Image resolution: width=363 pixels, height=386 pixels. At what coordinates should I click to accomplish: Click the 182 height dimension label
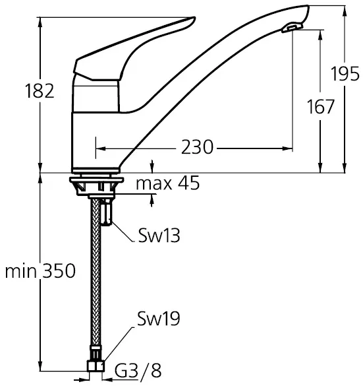click(x=40, y=91)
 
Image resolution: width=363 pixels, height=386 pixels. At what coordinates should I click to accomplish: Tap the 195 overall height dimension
click(x=345, y=73)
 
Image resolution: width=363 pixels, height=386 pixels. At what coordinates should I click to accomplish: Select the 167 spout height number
click(x=320, y=107)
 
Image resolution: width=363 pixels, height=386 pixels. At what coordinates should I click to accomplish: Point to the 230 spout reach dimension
click(x=197, y=147)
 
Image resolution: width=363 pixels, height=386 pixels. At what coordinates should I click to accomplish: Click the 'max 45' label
click(x=168, y=183)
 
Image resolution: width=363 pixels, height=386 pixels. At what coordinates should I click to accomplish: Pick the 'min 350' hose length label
click(x=40, y=271)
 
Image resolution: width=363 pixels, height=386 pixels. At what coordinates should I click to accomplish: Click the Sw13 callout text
click(x=159, y=235)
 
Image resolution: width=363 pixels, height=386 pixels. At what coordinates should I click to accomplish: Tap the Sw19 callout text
click(x=159, y=319)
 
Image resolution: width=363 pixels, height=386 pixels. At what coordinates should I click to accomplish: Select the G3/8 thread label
click(x=138, y=371)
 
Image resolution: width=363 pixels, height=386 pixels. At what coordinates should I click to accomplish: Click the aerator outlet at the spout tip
click(x=292, y=27)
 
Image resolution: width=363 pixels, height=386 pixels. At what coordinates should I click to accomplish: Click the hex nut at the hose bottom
click(x=96, y=366)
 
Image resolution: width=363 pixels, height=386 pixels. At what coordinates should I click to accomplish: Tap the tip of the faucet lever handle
click(x=194, y=18)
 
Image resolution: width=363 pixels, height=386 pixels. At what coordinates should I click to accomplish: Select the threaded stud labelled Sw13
click(x=106, y=212)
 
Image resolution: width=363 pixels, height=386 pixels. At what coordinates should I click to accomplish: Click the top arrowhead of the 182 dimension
click(x=40, y=22)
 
